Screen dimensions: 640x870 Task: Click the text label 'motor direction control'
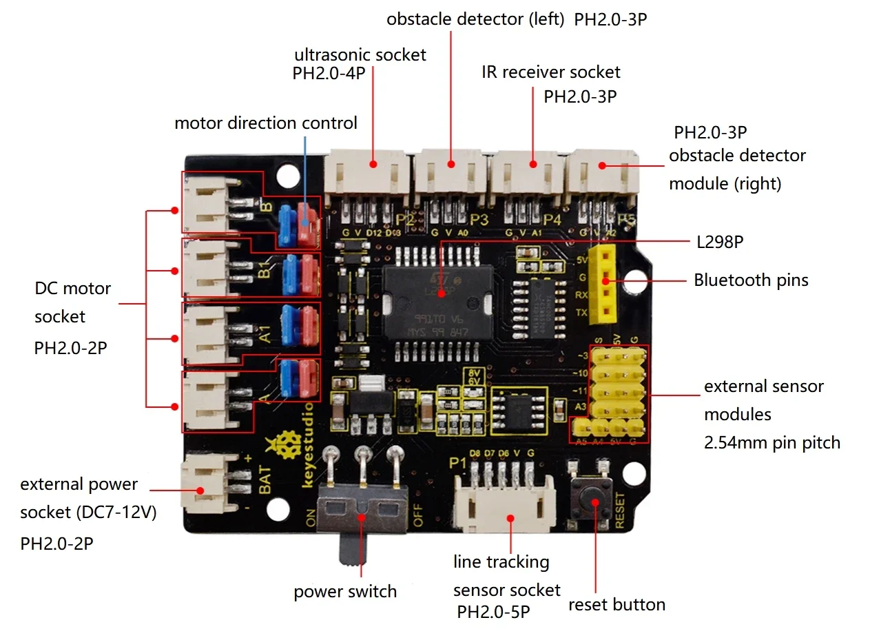(x=266, y=123)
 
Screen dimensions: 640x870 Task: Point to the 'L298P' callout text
(x=720, y=241)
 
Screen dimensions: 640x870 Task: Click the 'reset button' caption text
(x=617, y=605)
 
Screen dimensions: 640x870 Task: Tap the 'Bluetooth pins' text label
(x=751, y=280)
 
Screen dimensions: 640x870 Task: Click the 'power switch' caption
(x=345, y=591)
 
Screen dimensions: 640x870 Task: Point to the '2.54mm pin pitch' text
(x=772, y=442)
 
